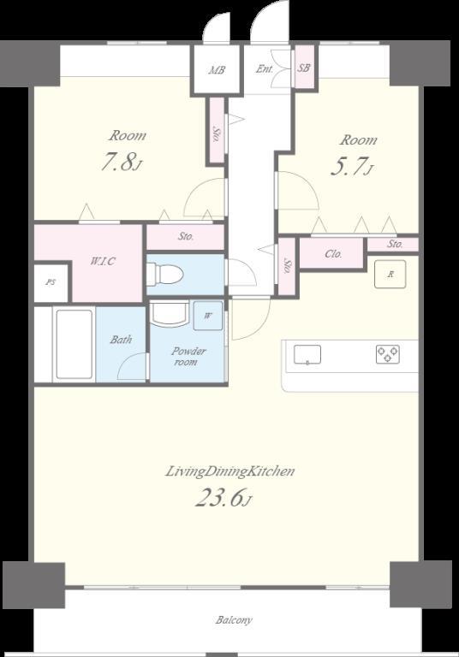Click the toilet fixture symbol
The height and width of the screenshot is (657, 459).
tap(165, 274)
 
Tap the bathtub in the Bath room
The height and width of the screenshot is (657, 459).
tap(75, 345)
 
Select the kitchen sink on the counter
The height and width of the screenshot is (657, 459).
tap(307, 354)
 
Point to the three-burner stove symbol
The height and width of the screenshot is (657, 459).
tap(388, 354)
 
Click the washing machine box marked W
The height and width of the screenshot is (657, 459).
tap(208, 316)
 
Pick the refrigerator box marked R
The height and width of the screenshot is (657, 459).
tap(390, 275)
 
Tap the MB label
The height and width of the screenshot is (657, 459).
tap(217, 70)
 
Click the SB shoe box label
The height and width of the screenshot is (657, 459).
tap(304, 68)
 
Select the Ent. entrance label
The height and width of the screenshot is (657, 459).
tap(265, 69)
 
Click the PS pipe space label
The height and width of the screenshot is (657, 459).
tap(51, 282)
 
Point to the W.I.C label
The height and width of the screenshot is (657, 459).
tap(103, 262)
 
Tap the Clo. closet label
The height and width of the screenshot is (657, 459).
tap(334, 254)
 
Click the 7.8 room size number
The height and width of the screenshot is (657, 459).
tap(118, 163)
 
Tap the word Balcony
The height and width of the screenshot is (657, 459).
tap(234, 619)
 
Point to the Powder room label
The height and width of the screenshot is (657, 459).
tap(188, 356)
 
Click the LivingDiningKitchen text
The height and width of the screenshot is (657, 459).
tap(229, 471)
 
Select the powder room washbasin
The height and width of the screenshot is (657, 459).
tap(169, 314)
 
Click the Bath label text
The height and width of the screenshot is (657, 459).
tap(121, 340)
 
